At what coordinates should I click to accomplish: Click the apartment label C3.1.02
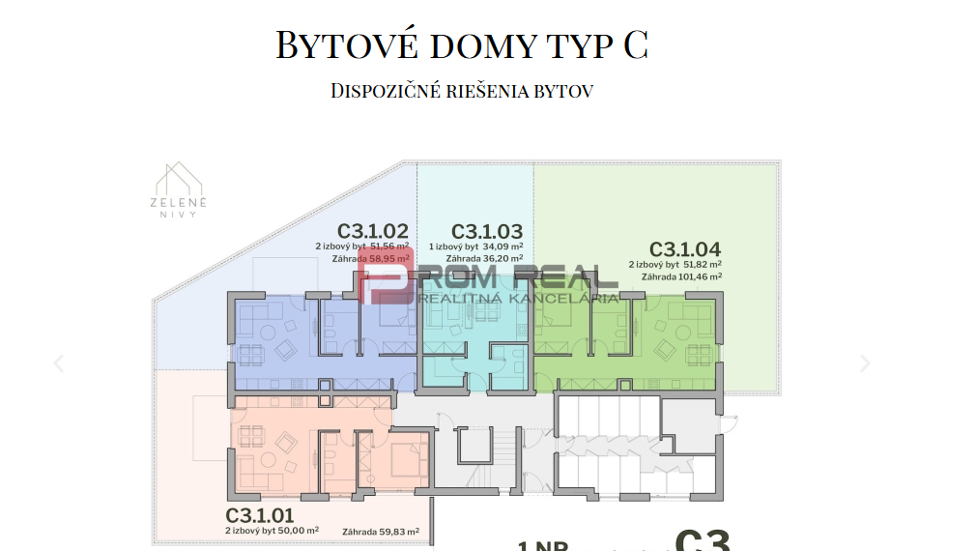(372, 231)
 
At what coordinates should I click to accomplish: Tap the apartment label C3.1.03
(487, 231)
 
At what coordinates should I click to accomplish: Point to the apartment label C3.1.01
(260, 514)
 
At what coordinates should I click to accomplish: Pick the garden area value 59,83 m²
(399, 531)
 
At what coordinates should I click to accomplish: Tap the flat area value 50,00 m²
(298, 531)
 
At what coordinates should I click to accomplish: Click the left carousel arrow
(59, 363)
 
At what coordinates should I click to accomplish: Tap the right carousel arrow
(865, 363)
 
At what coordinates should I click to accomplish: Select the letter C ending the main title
(635, 45)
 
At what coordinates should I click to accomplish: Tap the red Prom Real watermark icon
(386, 275)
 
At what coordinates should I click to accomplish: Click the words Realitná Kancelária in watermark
(519, 298)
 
